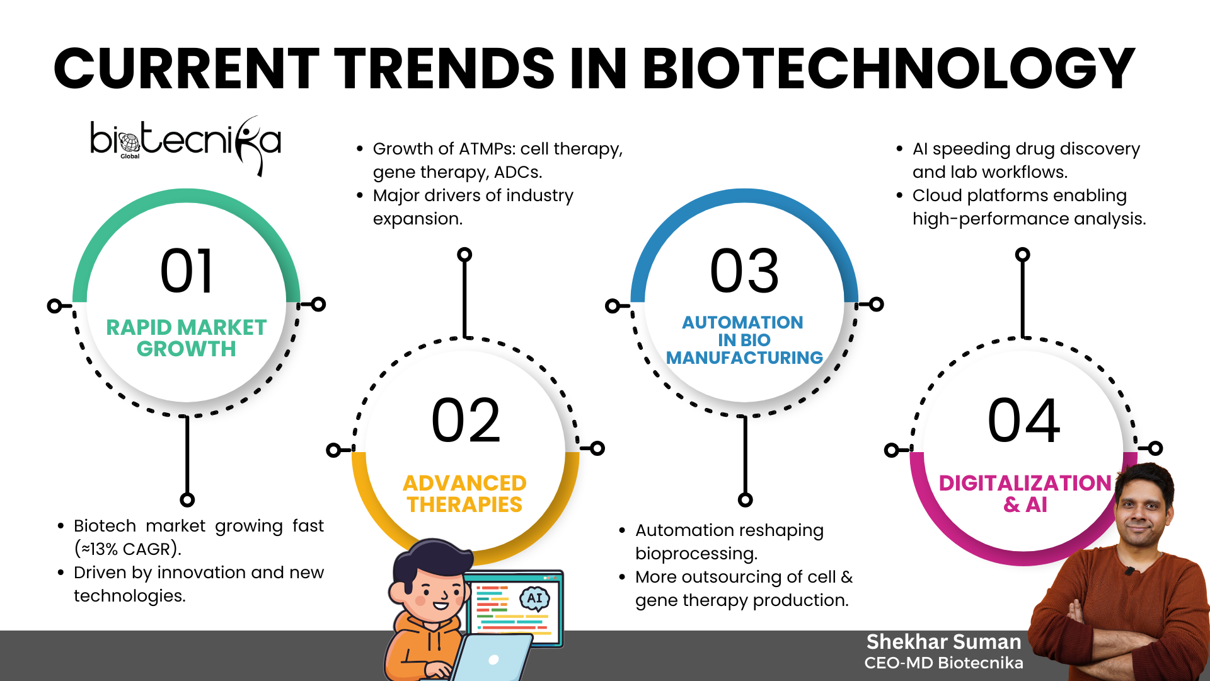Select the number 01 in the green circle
click(x=187, y=271)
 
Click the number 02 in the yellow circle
click(x=466, y=420)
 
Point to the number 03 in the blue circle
click(x=744, y=271)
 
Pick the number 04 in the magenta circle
click(x=1023, y=420)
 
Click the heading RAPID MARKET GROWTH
click(x=187, y=338)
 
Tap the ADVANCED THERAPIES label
click(x=464, y=494)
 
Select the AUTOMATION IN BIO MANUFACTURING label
click(x=744, y=340)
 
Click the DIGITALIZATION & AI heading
click(x=1025, y=494)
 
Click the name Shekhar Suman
click(x=943, y=642)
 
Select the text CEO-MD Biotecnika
click(x=943, y=663)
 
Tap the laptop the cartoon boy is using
click(x=492, y=659)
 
